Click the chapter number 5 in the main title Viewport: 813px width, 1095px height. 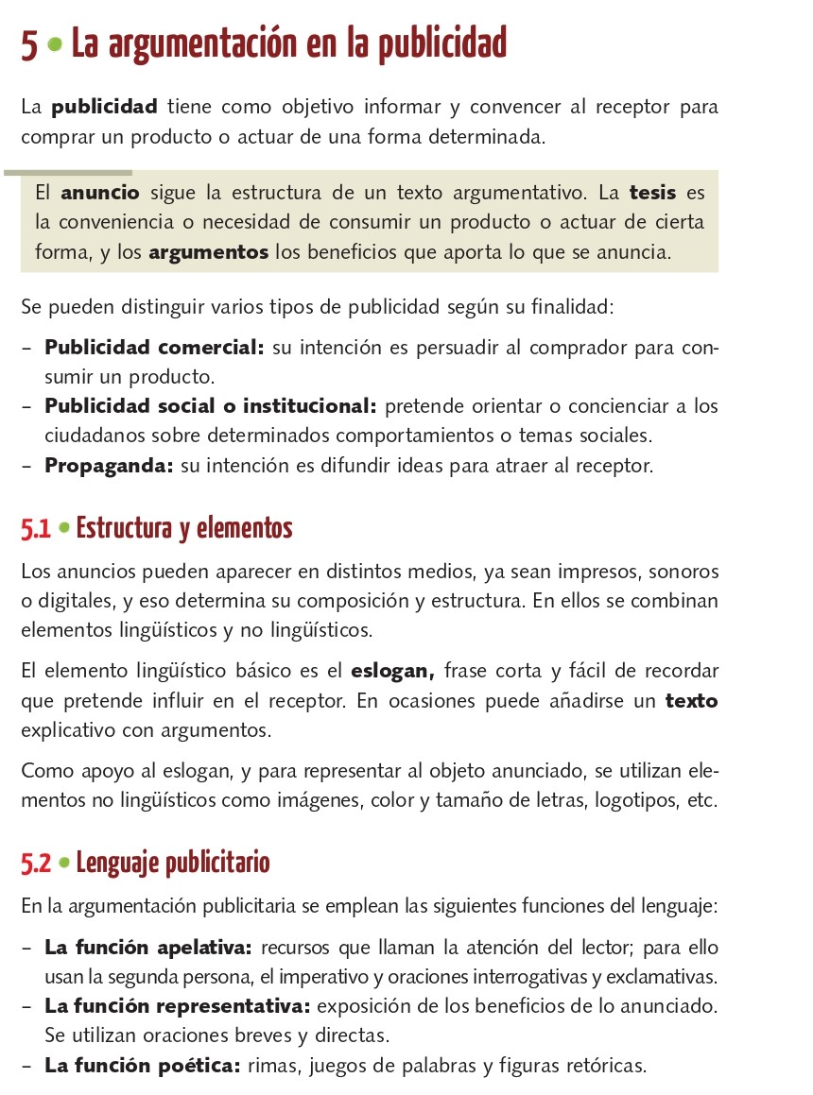[x=30, y=45]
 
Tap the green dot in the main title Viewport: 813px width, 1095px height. [x=56, y=44]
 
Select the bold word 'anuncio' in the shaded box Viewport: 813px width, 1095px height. [x=100, y=194]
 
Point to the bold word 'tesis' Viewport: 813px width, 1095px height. [x=653, y=194]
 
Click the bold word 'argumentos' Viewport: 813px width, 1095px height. [x=209, y=253]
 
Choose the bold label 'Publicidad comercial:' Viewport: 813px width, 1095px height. [x=154, y=348]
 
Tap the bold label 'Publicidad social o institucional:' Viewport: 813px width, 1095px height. [x=211, y=407]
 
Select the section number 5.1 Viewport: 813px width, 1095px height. [x=36, y=530]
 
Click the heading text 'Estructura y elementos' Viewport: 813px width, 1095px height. [x=184, y=528]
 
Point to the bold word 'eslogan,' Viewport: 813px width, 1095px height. [x=392, y=672]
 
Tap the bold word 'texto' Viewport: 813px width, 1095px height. [x=691, y=702]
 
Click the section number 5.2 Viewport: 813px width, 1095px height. [x=37, y=864]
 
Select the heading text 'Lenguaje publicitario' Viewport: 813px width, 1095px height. [x=173, y=863]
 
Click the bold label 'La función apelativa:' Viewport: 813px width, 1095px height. [x=148, y=947]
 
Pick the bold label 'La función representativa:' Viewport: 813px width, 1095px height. [x=179, y=1006]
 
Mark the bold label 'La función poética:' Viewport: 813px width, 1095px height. [x=142, y=1066]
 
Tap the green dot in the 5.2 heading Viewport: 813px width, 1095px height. [x=64, y=864]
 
